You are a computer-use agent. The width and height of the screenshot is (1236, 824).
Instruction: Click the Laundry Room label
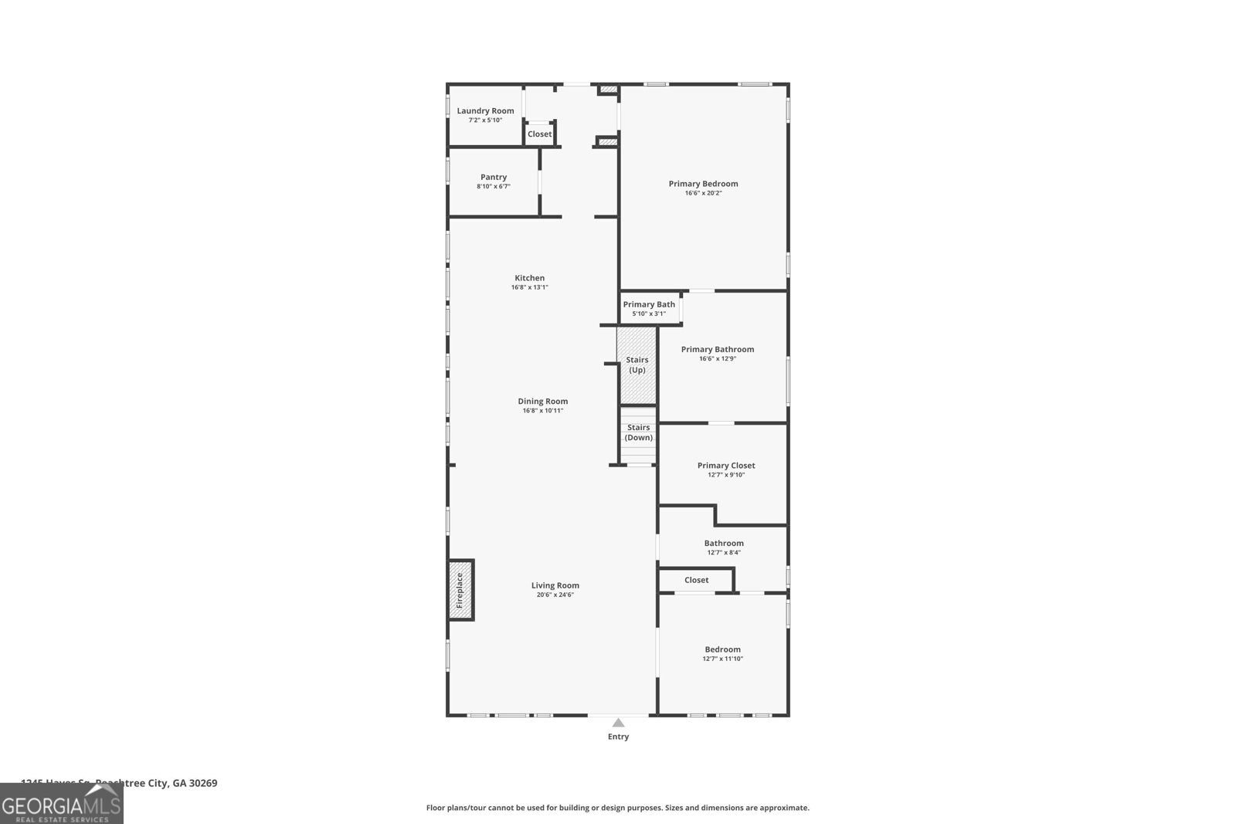(x=485, y=111)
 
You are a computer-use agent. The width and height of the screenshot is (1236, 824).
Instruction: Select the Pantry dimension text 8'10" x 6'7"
(x=494, y=187)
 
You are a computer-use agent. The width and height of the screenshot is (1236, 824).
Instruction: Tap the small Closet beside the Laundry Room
(x=539, y=134)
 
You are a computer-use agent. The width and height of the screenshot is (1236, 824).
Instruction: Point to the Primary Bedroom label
(x=703, y=184)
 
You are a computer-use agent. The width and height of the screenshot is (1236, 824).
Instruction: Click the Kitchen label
(x=529, y=278)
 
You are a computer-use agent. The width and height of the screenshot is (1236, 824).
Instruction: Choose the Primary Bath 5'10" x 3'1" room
(x=649, y=308)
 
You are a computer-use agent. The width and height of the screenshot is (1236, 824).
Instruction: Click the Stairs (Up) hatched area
(x=637, y=365)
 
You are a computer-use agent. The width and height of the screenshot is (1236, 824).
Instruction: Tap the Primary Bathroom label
(x=717, y=349)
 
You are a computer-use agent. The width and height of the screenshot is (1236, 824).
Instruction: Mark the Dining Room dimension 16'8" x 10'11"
(x=542, y=411)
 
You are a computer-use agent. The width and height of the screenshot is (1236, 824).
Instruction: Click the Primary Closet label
(x=725, y=466)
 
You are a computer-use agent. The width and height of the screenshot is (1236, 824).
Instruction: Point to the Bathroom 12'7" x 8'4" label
(x=724, y=544)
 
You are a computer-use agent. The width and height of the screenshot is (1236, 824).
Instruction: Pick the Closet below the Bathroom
(x=696, y=580)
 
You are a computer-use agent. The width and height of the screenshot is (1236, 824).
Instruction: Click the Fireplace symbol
(x=460, y=589)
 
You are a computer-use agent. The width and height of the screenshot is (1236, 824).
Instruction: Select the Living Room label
(x=555, y=585)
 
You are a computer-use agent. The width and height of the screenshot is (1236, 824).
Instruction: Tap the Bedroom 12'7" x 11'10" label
(x=722, y=649)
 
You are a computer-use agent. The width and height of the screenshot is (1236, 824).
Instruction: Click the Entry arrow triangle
(x=618, y=723)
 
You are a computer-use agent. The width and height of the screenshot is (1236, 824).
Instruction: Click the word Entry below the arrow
(x=618, y=737)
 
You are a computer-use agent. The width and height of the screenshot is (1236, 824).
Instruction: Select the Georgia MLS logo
(x=61, y=804)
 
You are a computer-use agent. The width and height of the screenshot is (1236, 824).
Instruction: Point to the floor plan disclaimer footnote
(x=617, y=808)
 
